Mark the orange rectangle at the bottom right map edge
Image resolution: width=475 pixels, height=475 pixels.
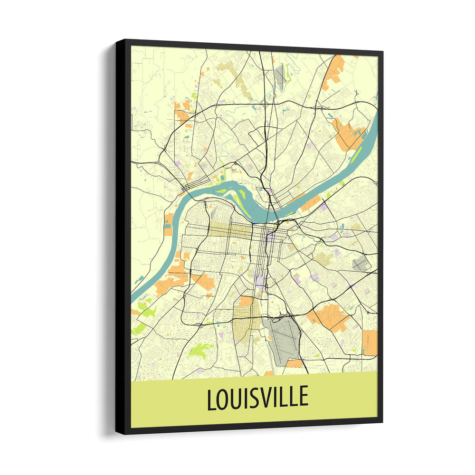click(x=370, y=342)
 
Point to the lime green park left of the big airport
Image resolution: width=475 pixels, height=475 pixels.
click(x=200, y=351)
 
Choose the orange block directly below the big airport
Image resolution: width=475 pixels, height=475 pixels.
click(x=294, y=363)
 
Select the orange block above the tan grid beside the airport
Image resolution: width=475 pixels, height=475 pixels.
click(x=246, y=301)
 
